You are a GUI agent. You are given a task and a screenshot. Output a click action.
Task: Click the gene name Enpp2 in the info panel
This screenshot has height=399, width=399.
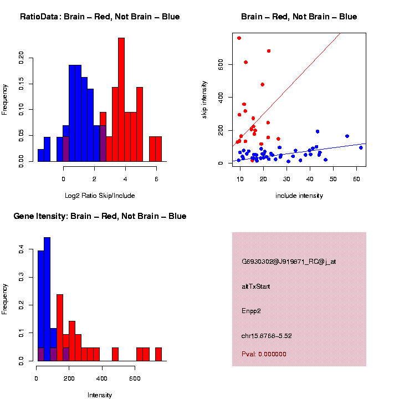251,311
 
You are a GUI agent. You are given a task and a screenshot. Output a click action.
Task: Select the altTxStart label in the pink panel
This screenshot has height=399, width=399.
255,287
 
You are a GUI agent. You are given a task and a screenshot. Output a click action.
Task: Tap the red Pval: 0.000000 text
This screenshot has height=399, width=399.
264,354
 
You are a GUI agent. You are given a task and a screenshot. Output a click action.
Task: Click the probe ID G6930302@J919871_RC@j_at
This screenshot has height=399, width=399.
289,262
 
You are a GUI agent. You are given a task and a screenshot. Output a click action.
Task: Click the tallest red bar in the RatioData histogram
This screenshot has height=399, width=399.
121,100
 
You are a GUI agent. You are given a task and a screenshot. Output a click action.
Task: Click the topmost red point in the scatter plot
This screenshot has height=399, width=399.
239,38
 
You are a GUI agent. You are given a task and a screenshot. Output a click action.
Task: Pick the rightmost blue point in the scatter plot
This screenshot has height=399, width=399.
361,147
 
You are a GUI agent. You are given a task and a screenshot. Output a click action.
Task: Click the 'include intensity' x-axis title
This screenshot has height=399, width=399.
299,196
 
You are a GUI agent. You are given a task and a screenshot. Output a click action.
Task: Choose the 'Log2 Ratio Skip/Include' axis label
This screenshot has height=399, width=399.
100,196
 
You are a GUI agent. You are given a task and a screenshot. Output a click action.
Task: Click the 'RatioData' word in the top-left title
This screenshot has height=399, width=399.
39,17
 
